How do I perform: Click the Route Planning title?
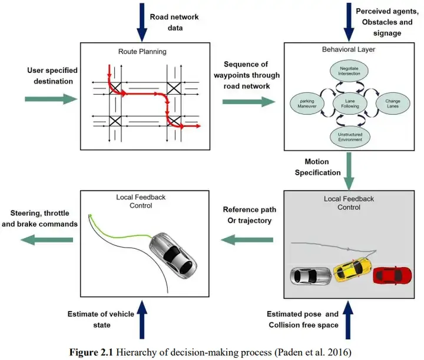144,52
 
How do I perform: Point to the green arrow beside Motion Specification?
350,167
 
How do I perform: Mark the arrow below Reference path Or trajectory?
248,239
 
